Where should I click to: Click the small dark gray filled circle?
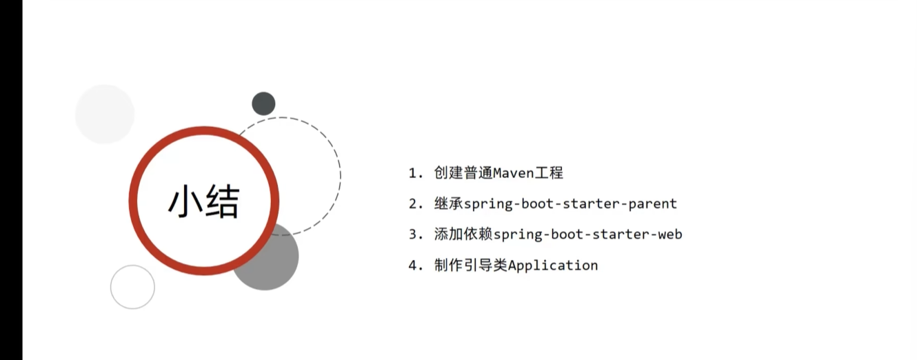click(x=263, y=104)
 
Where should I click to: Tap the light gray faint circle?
click(x=104, y=114)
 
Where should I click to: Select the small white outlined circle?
click(x=132, y=287)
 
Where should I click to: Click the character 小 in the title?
click(x=185, y=202)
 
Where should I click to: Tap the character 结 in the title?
click(x=223, y=202)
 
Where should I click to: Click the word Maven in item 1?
click(x=513, y=173)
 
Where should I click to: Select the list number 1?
click(x=414, y=173)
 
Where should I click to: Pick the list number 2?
click(x=414, y=204)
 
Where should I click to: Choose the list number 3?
click(x=414, y=234)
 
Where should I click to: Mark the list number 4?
click(x=414, y=266)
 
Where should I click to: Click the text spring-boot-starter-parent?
click(x=571, y=204)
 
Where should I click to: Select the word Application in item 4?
click(x=553, y=266)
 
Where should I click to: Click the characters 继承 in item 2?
click(x=449, y=204)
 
